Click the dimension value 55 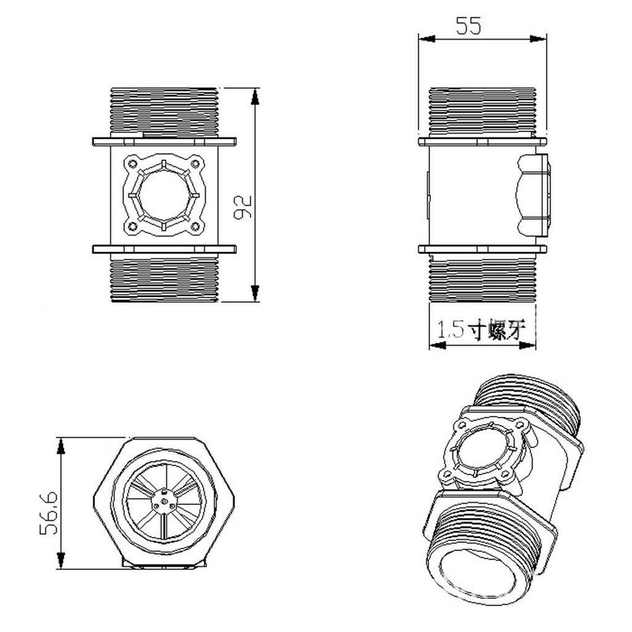point(468,26)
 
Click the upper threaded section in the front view point(164,111)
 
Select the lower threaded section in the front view point(164,279)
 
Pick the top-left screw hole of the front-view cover point(131,166)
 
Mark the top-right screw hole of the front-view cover point(196,166)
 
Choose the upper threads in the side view point(481,111)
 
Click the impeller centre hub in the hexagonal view point(163,498)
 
